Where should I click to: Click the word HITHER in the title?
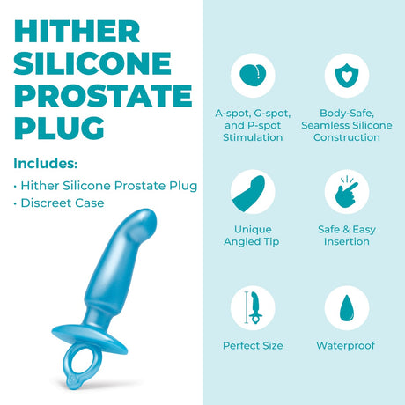tap(77, 31)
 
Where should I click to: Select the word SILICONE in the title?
tap(92, 63)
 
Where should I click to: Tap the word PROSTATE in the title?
tap(103, 95)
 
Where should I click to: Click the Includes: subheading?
tap(46, 163)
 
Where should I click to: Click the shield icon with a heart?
tap(346, 75)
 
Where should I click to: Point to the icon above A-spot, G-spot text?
tap(253, 75)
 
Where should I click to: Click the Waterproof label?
tap(346, 345)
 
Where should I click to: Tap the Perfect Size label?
tap(253, 345)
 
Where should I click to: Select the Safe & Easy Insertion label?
tap(346, 235)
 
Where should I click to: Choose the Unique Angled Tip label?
tap(253, 235)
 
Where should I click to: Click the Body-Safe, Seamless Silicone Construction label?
tap(346, 125)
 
